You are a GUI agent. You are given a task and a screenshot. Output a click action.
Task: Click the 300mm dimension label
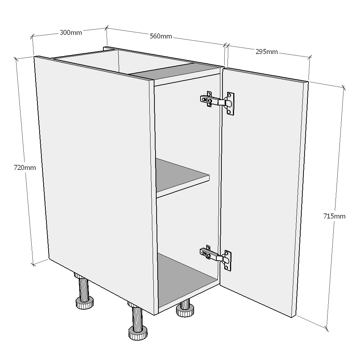pyautogui.click(x=71, y=33)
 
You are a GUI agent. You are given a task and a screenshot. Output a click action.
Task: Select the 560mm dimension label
pyautogui.click(x=161, y=36)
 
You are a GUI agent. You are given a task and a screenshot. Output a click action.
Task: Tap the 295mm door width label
pyautogui.click(x=266, y=52)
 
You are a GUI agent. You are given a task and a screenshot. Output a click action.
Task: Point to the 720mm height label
pyautogui.click(x=24, y=167)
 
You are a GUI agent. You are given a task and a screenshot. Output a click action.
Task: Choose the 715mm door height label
pyautogui.click(x=334, y=216)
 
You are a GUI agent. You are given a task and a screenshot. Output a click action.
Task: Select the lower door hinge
pyautogui.click(x=215, y=256)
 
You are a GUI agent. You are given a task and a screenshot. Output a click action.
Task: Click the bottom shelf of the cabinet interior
pyautogui.click(x=185, y=277)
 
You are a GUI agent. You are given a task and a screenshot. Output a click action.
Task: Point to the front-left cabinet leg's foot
pyautogui.click(x=85, y=303)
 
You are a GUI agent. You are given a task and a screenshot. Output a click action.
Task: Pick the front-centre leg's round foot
pyautogui.click(x=138, y=333)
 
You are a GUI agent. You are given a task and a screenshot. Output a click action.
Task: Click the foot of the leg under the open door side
pyautogui.click(x=185, y=310)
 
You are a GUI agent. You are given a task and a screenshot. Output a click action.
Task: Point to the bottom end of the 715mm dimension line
pyautogui.click(x=327, y=328)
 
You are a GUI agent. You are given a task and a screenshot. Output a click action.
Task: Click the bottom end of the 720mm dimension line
pyautogui.click(x=33, y=264)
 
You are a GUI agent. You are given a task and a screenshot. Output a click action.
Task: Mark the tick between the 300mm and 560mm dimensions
pyautogui.click(x=107, y=27)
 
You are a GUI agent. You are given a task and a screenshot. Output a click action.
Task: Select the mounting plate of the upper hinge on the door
pyautogui.click(x=230, y=103)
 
